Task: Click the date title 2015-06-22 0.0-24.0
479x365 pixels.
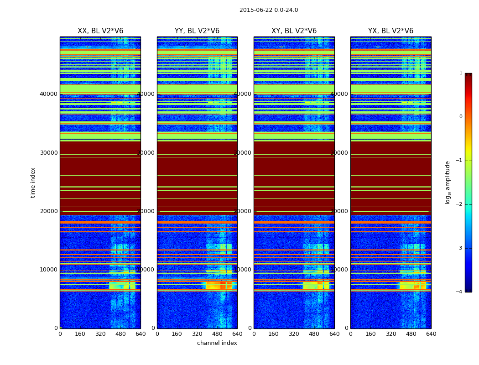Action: [x=269, y=10]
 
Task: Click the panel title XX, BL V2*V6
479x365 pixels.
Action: [x=100, y=31]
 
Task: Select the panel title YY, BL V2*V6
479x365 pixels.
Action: [x=197, y=31]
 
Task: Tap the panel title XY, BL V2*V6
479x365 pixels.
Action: [x=294, y=31]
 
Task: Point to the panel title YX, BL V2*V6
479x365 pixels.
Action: [x=390, y=31]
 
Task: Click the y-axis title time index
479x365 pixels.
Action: [x=33, y=182]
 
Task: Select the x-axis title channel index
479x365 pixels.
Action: [x=217, y=343]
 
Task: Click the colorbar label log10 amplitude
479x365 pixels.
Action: [x=448, y=182]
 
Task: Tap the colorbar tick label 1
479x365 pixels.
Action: [x=460, y=73]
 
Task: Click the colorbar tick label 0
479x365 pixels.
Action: [x=460, y=117]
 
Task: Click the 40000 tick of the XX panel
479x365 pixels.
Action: [x=49, y=94]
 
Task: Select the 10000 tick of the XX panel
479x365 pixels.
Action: [x=49, y=270]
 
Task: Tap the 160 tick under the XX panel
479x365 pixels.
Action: [x=80, y=334]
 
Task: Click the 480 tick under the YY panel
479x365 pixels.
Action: [x=217, y=334]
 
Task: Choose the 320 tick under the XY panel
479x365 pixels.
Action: [x=294, y=334]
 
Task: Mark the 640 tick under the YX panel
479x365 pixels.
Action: [x=431, y=334]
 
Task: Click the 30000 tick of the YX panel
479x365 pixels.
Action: [x=339, y=153]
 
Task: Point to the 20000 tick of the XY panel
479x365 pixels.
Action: [x=243, y=211]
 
